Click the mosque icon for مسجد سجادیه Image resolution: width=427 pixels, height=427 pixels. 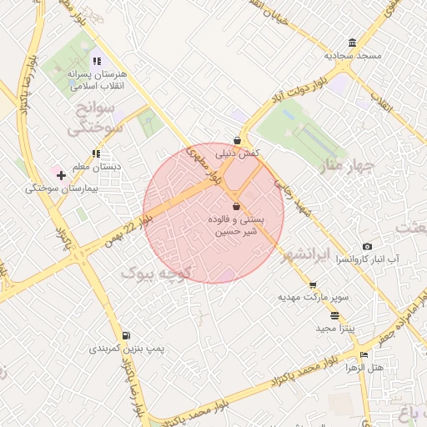(x=353, y=43)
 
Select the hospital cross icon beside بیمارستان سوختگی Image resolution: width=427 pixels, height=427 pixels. (x=61, y=175)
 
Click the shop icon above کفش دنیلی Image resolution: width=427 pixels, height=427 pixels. (x=238, y=140)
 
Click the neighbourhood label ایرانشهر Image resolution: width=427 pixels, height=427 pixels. (x=307, y=253)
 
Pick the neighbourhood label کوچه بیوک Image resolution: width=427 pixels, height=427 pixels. (x=158, y=273)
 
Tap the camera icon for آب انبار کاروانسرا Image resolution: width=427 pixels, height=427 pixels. (x=367, y=247)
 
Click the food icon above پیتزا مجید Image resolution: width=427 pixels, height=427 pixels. (x=335, y=315)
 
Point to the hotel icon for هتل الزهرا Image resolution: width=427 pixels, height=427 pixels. (x=363, y=355)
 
